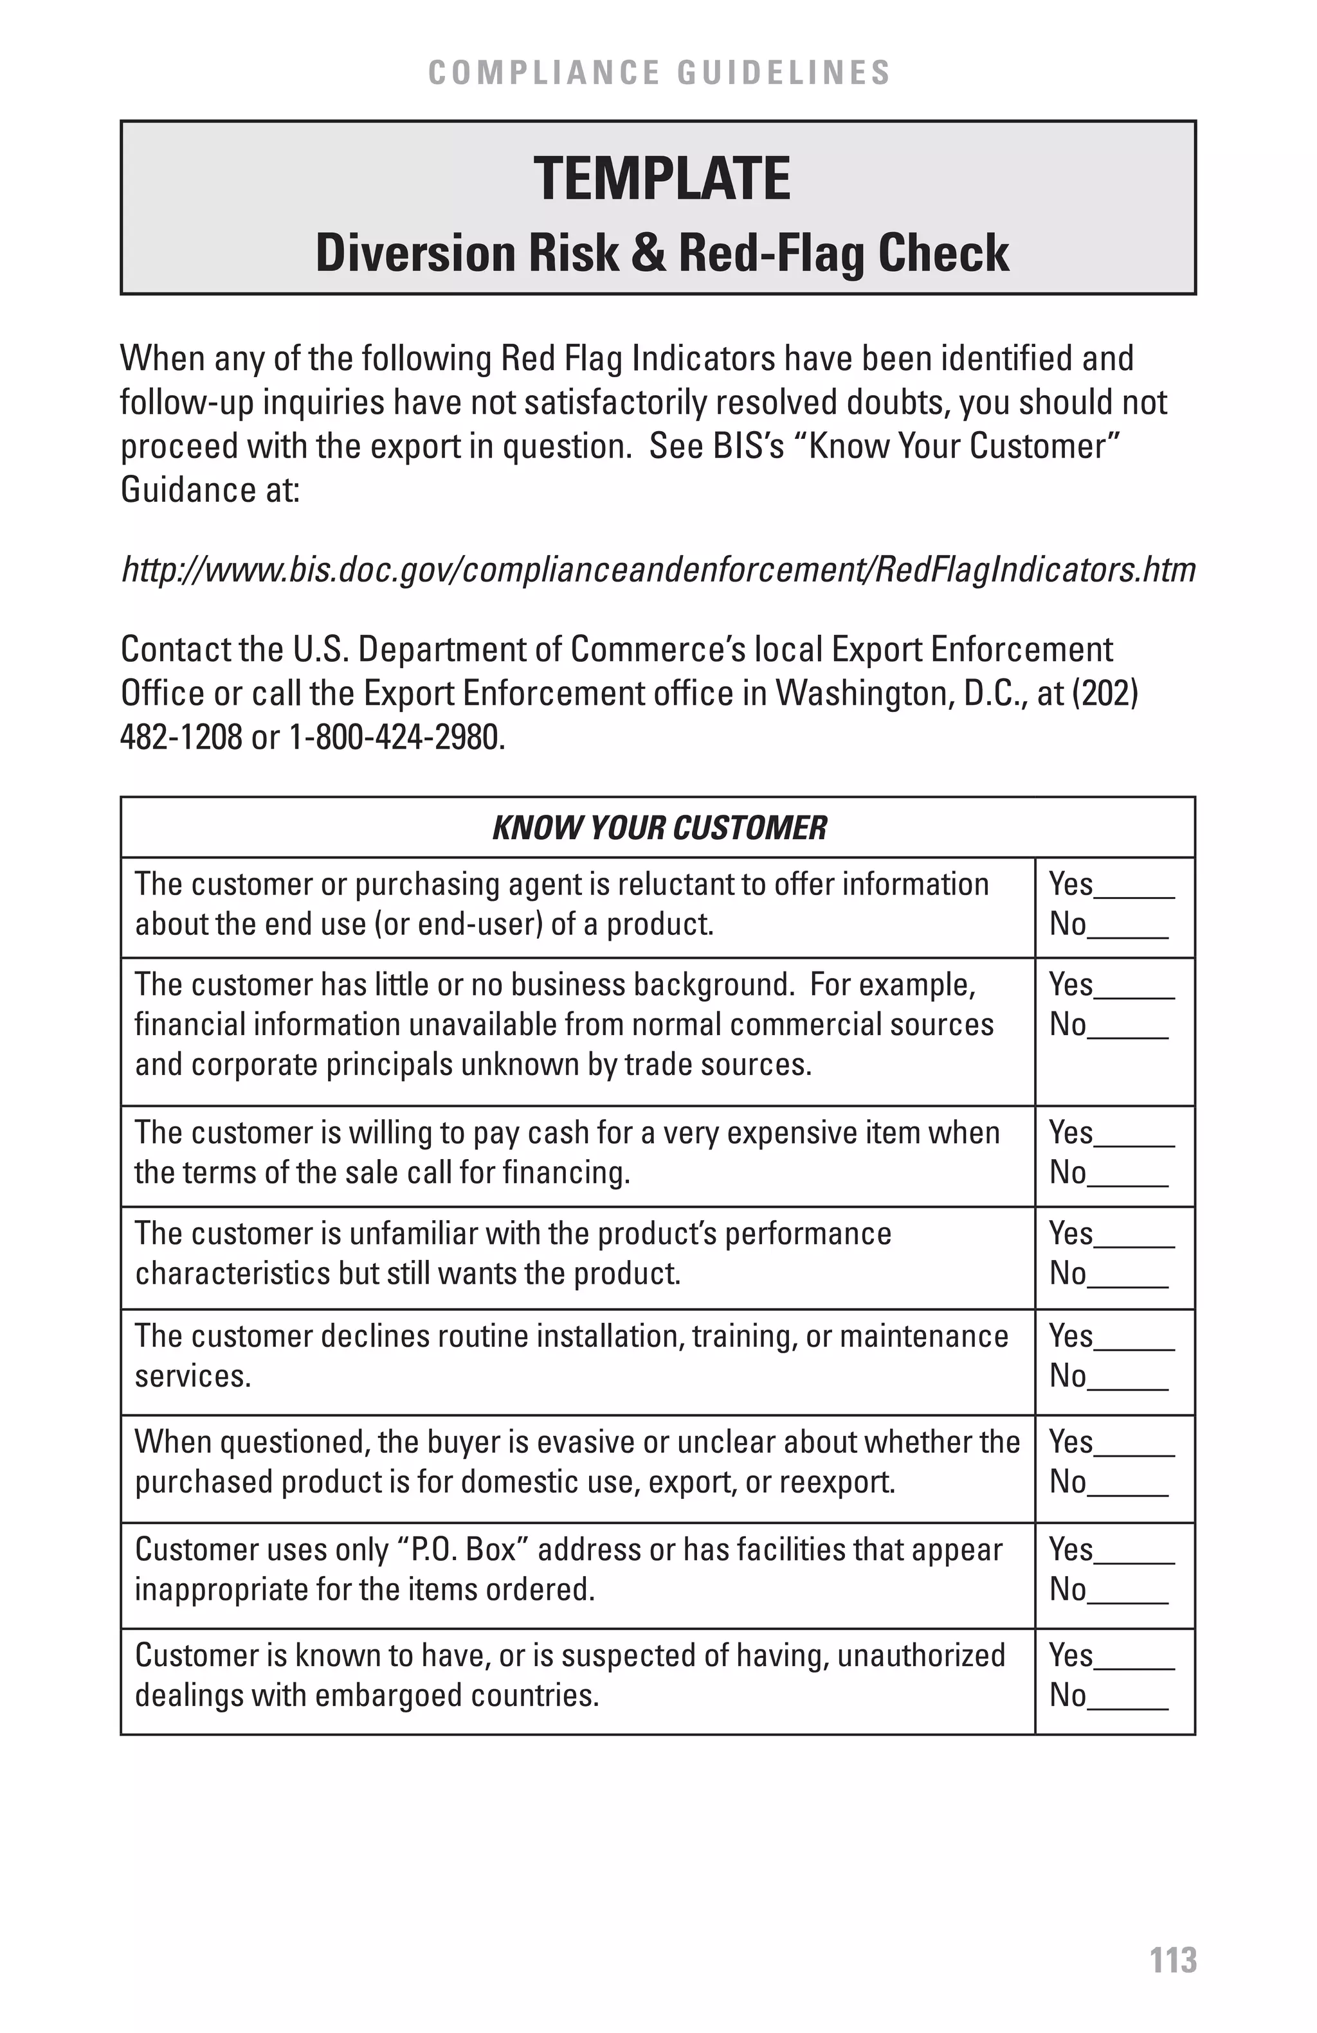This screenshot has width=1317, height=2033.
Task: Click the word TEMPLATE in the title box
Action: pyautogui.click(x=662, y=179)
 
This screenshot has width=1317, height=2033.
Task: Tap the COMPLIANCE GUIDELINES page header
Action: pyautogui.click(x=659, y=73)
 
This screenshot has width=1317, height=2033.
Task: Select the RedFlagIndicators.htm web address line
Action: pyautogui.click(x=658, y=570)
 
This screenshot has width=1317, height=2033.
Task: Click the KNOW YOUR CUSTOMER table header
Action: pyautogui.click(x=659, y=828)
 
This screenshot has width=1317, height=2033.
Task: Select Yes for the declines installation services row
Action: pyautogui.click(x=1134, y=1340)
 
